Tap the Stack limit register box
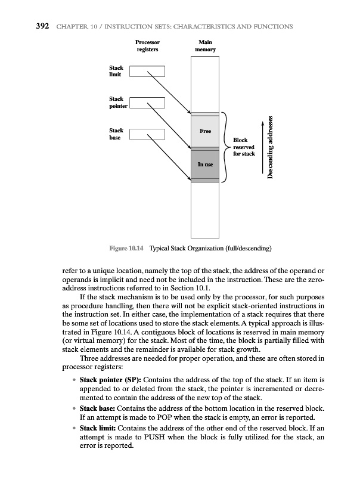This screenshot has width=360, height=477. tap(147, 72)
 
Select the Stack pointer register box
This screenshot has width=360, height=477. tap(147, 102)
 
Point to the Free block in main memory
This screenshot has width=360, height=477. tap(204, 131)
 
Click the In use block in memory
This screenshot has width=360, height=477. tap(204, 163)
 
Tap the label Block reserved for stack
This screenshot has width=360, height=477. tap(243, 147)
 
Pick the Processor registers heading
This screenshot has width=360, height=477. tap(147, 47)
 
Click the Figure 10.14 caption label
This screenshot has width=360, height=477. tap(127, 247)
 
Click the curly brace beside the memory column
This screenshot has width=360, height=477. tap(225, 147)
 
